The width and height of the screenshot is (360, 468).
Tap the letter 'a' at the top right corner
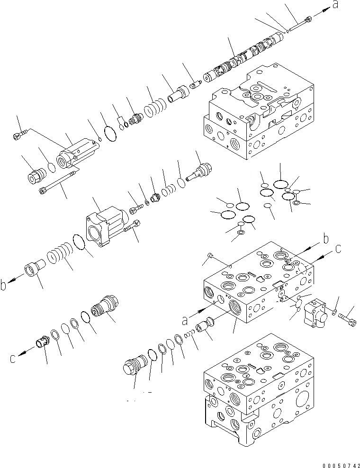[x=336, y=5]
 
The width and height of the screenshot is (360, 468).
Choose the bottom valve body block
[x=255, y=393]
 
